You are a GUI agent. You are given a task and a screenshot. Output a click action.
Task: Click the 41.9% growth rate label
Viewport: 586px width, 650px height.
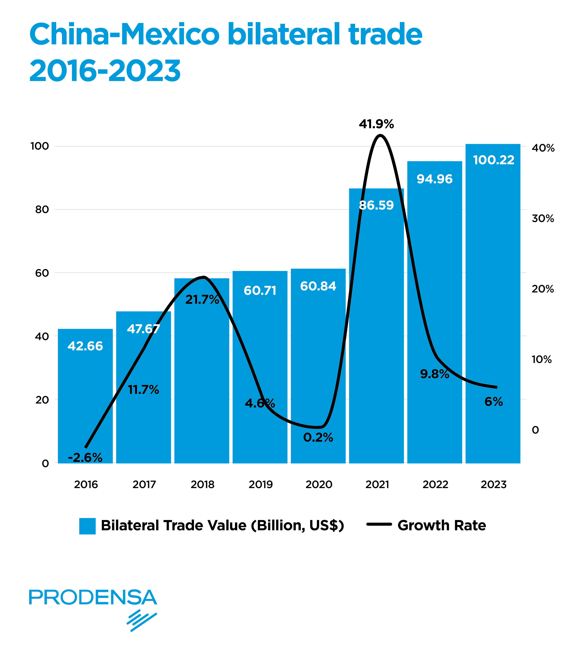coord(376,124)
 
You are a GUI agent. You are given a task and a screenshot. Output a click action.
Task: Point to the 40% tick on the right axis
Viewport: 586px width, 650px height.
coord(543,148)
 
